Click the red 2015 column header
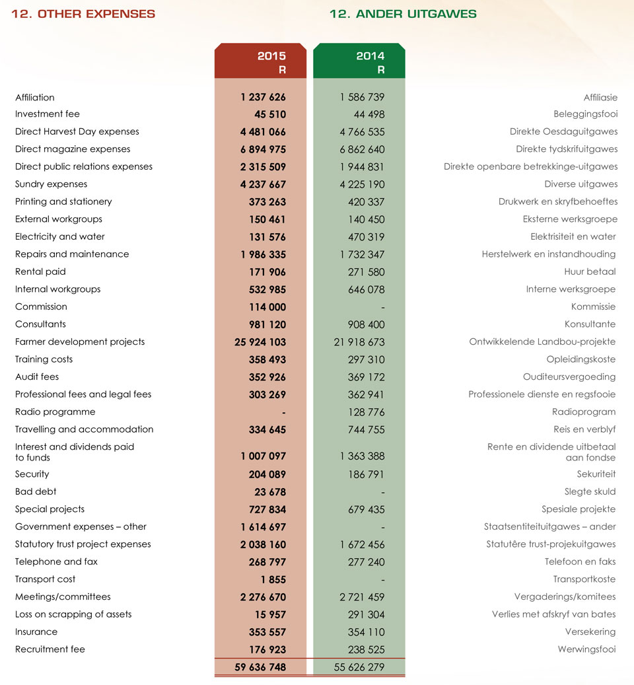tap(260, 61)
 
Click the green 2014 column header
tap(359, 61)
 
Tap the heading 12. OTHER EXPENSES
tap(83, 14)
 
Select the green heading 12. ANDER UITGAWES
tap(403, 14)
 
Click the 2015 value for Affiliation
tap(263, 97)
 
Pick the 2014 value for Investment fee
tap(369, 114)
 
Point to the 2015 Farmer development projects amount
tap(260, 342)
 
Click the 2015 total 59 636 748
tap(260, 667)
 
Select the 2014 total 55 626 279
tap(359, 667)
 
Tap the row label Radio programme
tap(55, 412)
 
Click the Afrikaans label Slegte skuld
tap(590, 491)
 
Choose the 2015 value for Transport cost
tap(273, 580)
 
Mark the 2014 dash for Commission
tap(383, 308)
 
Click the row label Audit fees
tap(37, 377)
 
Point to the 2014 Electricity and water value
tap(367, 237)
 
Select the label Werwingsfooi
tap(586, 649)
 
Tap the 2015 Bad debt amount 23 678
tap(270, 492)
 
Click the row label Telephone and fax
tap(56, 561)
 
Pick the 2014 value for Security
tap(366, 474)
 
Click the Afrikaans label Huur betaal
tap(590, 271)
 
